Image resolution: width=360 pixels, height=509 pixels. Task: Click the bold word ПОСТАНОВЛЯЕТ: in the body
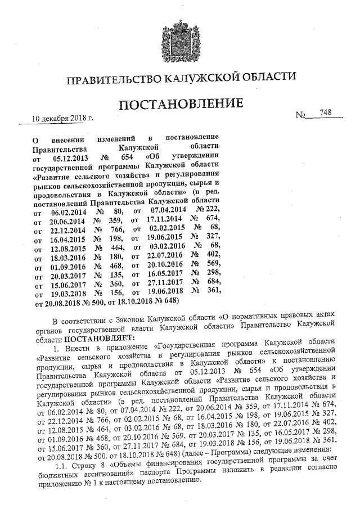click(100, 339)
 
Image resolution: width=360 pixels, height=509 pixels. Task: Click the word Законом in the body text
click(127, 321)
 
